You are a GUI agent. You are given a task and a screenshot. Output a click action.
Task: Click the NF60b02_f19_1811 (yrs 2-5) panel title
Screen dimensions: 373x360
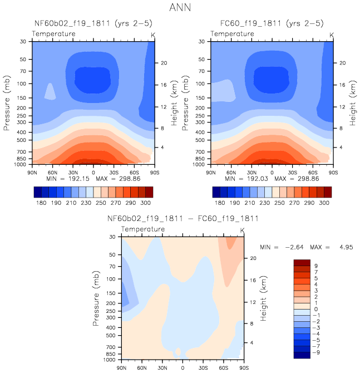pyautogui.click(x=93, y=24)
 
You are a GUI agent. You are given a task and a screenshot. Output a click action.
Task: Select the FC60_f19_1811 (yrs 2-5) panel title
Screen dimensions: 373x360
pyautogui.click(x=272, y=24)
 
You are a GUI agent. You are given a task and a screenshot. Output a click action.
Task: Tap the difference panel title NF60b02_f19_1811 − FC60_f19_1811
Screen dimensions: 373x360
pyautogui.click(x=182, y=218)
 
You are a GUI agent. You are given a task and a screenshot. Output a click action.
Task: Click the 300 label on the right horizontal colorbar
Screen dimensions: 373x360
pyautogui.click(x=326, y=204)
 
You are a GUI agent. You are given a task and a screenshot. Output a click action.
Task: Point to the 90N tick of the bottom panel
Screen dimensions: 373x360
pyautogui.click(x=121, y=369)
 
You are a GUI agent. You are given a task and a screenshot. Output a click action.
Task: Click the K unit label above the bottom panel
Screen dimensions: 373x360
pyautogui.click(x=242, y=230)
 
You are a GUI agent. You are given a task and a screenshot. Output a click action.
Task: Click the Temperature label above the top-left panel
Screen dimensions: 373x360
pyautogui.click(x=54, y=34)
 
